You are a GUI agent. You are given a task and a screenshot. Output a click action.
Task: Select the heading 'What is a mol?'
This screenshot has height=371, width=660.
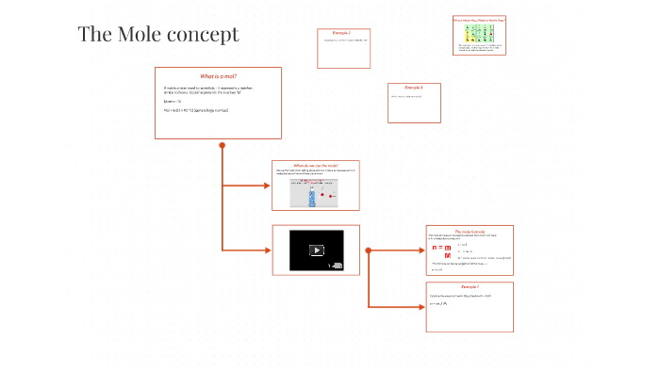click(218, 75)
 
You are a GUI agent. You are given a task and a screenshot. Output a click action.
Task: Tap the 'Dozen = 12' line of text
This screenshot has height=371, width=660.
click(172, 101)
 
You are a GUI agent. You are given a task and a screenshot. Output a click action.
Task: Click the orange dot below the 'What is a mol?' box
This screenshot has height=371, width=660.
click(223, 145)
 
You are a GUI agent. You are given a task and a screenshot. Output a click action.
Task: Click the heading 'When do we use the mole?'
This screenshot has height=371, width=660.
click(316, 165)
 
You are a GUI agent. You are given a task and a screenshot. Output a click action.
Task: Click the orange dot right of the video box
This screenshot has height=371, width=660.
click(368, 250)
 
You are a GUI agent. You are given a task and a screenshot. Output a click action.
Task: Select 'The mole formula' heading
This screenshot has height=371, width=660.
click(470, 230)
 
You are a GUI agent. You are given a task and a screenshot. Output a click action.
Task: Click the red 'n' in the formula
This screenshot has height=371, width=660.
click(436, 247)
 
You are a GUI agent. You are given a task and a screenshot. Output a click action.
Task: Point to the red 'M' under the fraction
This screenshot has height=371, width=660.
click(448, 256)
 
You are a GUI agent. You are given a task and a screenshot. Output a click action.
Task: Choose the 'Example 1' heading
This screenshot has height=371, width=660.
click(470, 286)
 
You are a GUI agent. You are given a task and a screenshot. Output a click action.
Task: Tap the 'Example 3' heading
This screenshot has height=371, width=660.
click(413, 88)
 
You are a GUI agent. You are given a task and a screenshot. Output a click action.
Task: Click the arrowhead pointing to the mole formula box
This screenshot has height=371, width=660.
click(421, 250)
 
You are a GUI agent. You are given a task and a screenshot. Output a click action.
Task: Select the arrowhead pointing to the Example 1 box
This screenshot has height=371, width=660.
click(421, 307)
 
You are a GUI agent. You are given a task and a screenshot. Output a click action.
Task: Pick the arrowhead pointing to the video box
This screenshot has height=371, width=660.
click(268, 250)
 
